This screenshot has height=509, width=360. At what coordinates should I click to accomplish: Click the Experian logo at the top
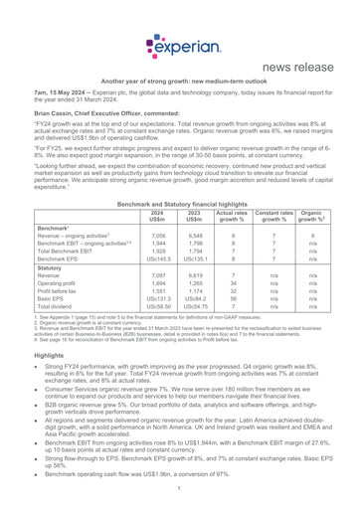click(179, 19)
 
